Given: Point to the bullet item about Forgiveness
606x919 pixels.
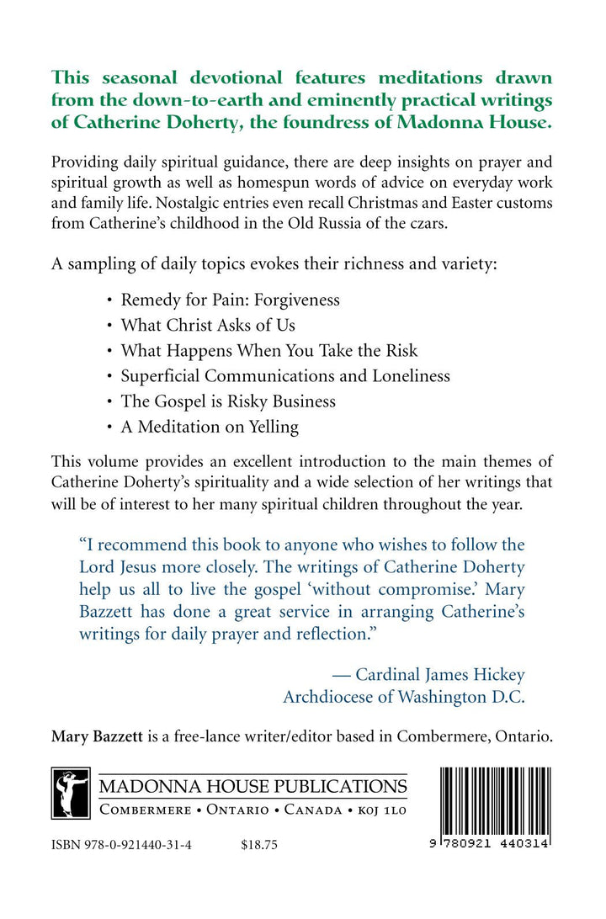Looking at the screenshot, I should (x=231, y=299).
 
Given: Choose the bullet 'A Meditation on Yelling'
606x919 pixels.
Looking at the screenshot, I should (x=210, y=427).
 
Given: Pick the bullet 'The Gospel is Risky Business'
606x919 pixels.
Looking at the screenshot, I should (x=228, y=401).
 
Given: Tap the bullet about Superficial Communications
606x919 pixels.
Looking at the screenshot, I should (x=285, y=375).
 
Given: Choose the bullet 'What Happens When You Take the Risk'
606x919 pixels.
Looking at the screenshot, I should (x=269, y=350).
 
